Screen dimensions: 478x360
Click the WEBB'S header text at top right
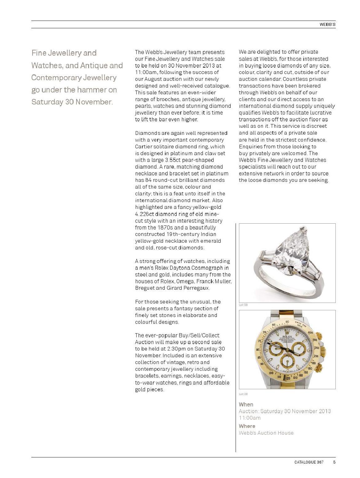[327, 24]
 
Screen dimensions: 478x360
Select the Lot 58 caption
[243, 305]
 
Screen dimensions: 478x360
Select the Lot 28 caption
[243, 394]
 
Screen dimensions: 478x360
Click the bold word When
[246, 405]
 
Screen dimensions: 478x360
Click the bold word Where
[247, 426]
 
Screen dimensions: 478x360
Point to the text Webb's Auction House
[266, 433]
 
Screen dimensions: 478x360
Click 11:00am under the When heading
[249, 418]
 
